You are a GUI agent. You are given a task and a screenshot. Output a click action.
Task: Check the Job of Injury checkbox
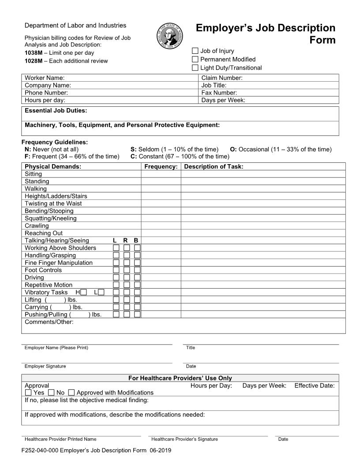pyautogui.click(x=195, y=51)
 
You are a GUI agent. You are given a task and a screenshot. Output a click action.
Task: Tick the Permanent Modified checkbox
pyautogui.click(x=195, y=60)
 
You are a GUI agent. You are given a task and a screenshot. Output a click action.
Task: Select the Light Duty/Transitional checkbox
pyautogui.click(x=195, y=68)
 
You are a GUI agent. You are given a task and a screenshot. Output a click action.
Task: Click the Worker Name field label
pyautogui.click(x=45, y=78)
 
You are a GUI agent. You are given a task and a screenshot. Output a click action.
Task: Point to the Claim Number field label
pyautogui.click(x=222, y=78)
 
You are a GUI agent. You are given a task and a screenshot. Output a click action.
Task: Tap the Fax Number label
pyautogui.click(x=219, y=93)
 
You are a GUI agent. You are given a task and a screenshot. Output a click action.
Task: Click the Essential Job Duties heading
pyautogui.click(x=56, y=110)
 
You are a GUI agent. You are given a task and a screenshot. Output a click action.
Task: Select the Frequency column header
pyautogui.click(x=161, y=166)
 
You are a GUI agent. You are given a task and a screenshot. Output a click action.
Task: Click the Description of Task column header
pyautogui.click(x=214, y=166)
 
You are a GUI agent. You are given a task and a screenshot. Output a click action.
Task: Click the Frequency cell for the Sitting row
pyautogui.click(x=161, y=174)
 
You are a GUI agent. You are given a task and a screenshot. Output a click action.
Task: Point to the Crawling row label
pyautogui.click(x=37, y=225)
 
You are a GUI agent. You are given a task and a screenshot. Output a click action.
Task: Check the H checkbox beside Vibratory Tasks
pyautogui.click(x=83, y=292)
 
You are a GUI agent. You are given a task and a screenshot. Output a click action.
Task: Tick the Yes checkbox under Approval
pyautogui.click(x=28, y=392)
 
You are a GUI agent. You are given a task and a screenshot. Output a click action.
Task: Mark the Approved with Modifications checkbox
pyautogui.click(x=71, y=392)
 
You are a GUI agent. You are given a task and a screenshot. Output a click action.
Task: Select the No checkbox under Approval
pyautogui.click(x=51, y=392)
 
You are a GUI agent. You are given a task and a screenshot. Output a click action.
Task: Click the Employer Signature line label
pyautogui.click(x=45, y=366)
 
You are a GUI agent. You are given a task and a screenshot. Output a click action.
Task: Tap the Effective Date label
pyautogui.click(x=314, y=385)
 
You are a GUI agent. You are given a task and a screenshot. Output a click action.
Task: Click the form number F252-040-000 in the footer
pyautogui.click(x=40, y=451)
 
